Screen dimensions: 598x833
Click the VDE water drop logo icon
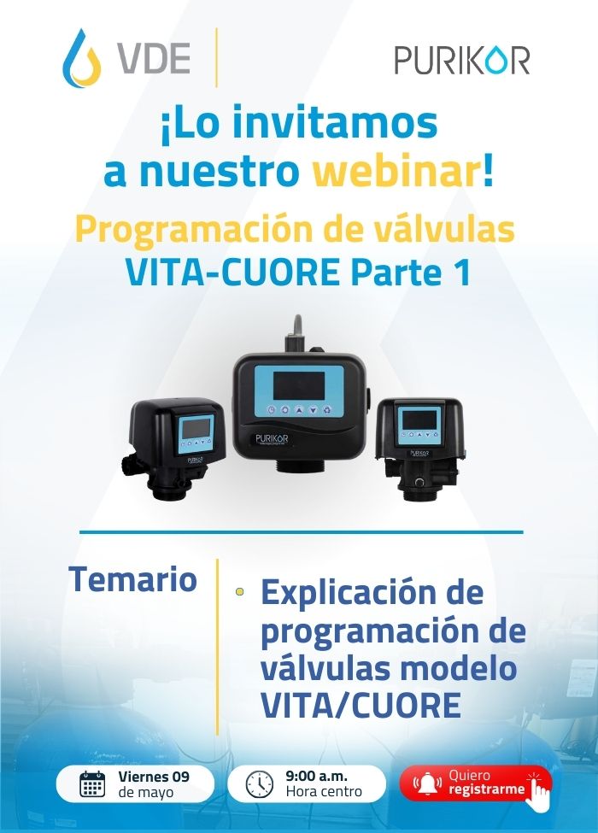[x=81, y=58]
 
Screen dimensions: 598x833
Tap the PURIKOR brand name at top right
[x=462, y=60]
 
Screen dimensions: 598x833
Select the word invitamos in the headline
[x=335, y=123]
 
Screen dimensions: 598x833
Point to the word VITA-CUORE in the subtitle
[x=232, y=273]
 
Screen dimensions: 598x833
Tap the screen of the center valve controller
[x=298, y=385]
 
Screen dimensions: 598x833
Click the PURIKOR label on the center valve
[x=272, y=438]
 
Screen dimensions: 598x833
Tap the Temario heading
[x=132, y=578]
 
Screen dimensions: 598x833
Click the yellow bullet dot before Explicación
[x=239, y=590]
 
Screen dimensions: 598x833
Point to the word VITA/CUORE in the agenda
[x=361, y=705]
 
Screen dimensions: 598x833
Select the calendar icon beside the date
[x=92, y=784]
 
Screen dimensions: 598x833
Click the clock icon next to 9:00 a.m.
[x=260, y=784]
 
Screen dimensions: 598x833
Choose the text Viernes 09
[x=154, y=776]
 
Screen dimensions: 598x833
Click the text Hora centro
[x=324, y=791]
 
